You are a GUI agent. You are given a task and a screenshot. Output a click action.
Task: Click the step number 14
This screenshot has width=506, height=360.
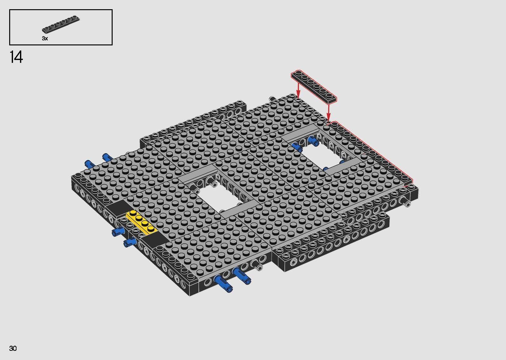click(x=16, y=57)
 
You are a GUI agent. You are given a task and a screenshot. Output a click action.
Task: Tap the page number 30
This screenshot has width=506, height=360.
click(x=13, y=349)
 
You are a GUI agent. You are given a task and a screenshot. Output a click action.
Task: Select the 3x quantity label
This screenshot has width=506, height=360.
click(x=45, y=38)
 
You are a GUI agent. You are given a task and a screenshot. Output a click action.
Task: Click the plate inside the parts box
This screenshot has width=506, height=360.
click(x=61, y=25)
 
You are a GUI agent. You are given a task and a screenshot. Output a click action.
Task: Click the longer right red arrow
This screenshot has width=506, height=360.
click(x=328, y=113)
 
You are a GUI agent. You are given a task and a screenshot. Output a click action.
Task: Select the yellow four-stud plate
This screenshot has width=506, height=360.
click(x=141, y=223)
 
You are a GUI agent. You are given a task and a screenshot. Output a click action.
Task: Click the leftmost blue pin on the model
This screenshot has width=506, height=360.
click(x=89, y=164)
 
